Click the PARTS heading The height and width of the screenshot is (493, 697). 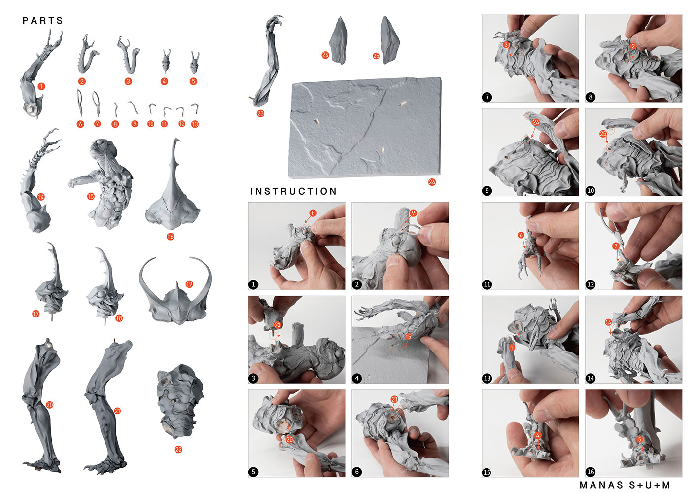pyautogui.click(x=42, y=21)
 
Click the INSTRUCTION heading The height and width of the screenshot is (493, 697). pyautogui.click(x=293, y=191)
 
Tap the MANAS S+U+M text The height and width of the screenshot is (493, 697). pyautogui.click(x=625, y=485)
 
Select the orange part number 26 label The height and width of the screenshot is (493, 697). pyautogui.click(x=432, y=182)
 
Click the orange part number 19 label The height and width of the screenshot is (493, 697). pyautogui.click(x=189, y=284)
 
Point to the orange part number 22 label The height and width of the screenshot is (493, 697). pyautogui.click(x=178, y=450)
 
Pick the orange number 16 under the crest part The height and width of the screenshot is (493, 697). pyautogui.click(x=170, y=237)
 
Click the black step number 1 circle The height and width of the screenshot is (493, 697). pyautogui.click(x=253, y=284)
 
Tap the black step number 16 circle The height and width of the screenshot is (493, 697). pyautogui.click(x=591, y=472)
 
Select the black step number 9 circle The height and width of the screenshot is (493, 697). pyautogui.click(x=487, y=191)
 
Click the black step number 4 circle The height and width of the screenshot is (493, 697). pyautogui.click(x=357, y=378)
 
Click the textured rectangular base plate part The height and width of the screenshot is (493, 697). pyautogui.click(x=365, y=128)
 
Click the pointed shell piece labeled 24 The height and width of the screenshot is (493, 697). pyautogui.click(x=339, y=40)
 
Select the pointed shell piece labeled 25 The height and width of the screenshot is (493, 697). pyautogui.click(x=389, y=40)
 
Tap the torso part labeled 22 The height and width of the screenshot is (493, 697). pyautogui.click(x=180, y=401)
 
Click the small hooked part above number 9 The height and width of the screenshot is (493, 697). pyautogui.click(x=134, y=107)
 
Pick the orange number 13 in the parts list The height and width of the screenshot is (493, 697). pyautogui.click(x=195, y=124)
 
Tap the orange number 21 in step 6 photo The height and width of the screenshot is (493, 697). pyautogui.click(x=394, y=399)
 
